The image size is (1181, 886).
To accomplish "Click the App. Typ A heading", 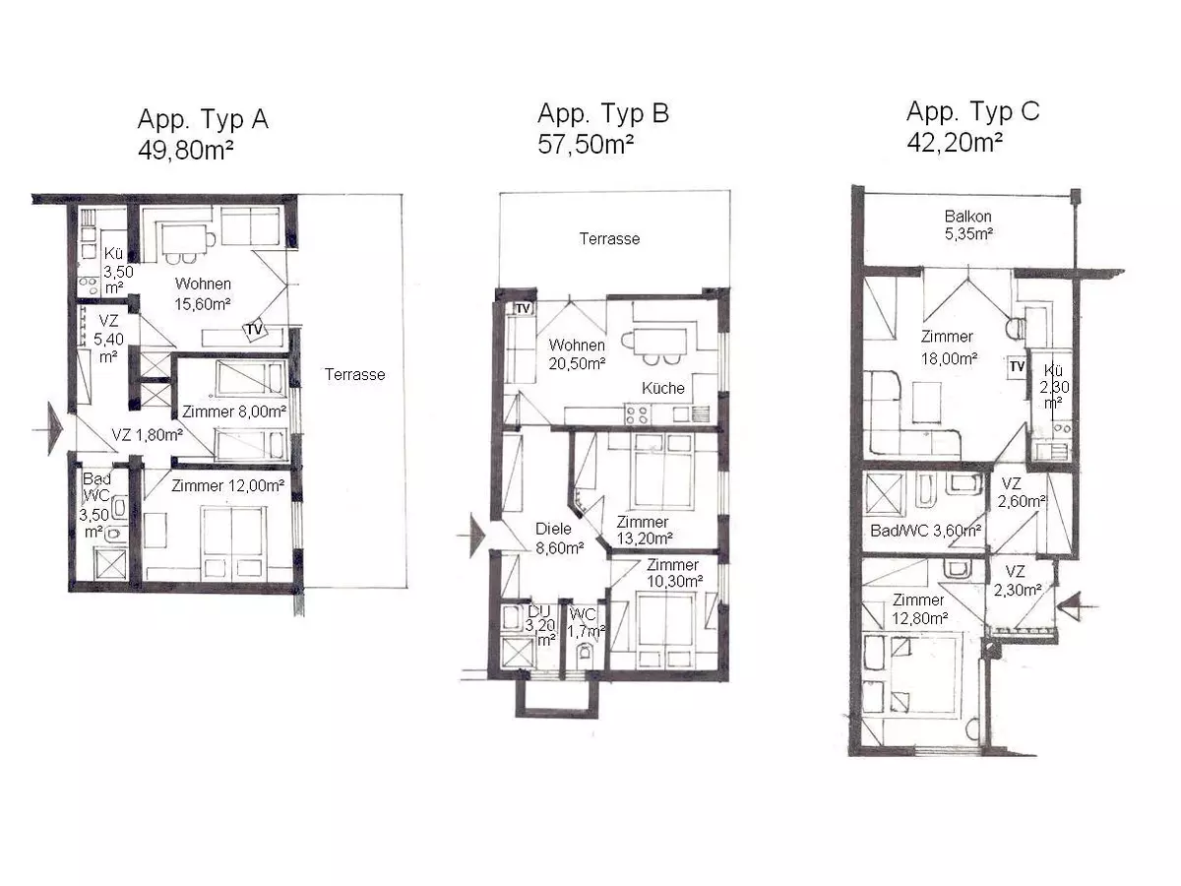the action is point(203,119).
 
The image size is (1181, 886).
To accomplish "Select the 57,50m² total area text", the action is point(586,144).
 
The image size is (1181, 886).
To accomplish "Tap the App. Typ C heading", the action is point(972,112).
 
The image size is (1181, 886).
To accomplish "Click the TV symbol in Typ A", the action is point(255,328).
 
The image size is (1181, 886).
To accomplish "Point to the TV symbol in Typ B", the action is point(523,309).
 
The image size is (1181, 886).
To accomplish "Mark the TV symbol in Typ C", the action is point(1017,367).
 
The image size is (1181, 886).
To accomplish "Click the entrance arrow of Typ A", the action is point(51,429).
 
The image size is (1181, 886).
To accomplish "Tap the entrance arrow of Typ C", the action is point(1074,606).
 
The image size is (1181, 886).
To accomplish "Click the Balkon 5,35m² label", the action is point(968,224).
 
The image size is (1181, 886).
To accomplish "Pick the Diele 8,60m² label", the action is point(560,538).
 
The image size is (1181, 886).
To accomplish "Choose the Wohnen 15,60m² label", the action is point(203,293).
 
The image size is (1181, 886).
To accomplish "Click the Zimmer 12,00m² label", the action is point(227,485).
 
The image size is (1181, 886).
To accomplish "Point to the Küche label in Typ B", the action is point(663,388).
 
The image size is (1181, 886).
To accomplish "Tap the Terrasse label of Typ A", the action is point(354,374).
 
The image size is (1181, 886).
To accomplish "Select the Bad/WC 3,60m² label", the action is point(925,531).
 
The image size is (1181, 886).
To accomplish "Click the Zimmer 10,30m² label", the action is point(674,572).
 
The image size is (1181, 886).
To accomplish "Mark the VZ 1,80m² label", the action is point(147,435).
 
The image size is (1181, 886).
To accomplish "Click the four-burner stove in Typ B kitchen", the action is point(637,413).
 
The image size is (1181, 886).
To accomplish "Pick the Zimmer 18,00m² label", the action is point(948,348).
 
